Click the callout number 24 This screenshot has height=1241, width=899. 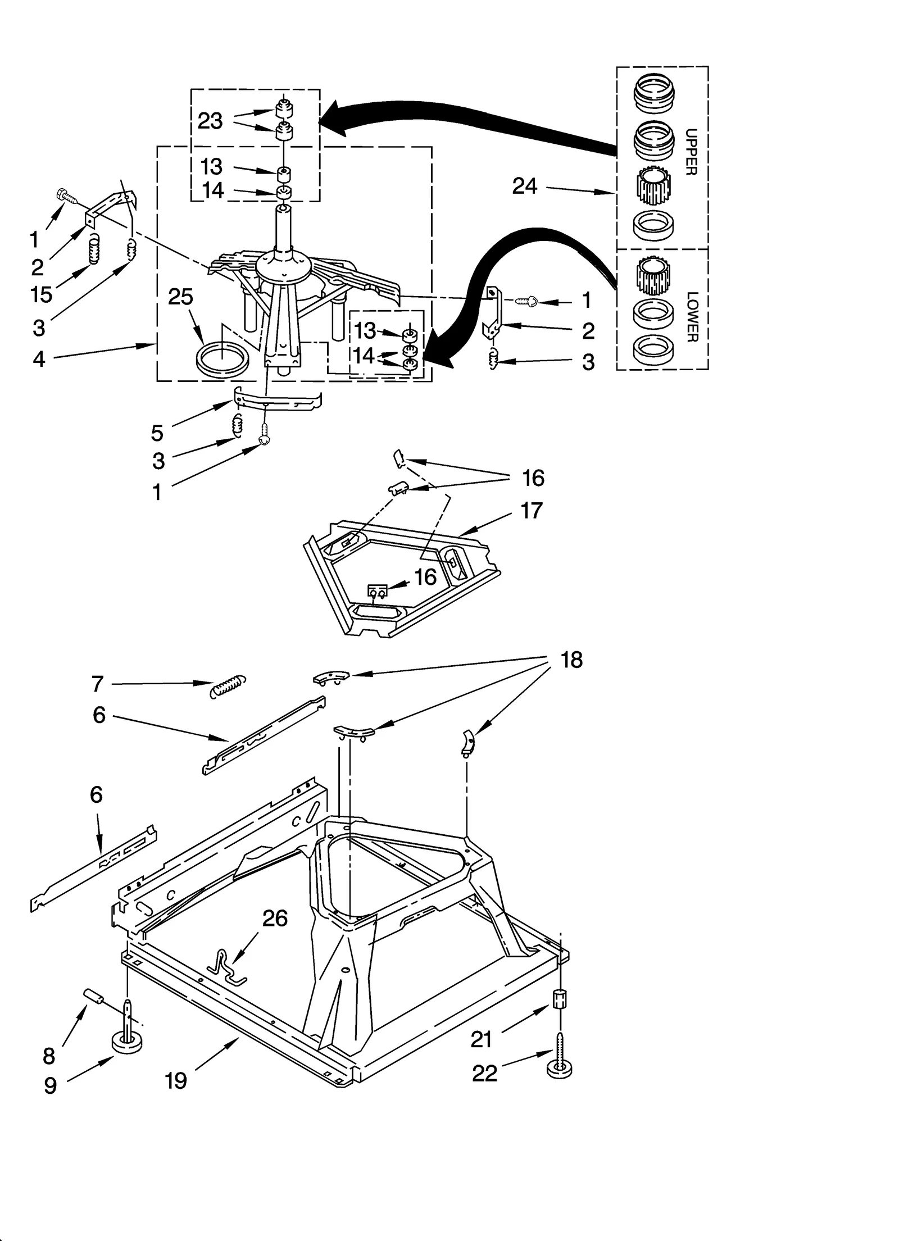[x=525, y=186]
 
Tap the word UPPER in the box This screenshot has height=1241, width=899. [x=692, y=152]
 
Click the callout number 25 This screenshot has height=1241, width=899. [x=180, y=297]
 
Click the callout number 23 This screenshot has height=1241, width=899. [x=210, y=121]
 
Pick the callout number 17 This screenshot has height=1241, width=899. [x=532, y=511]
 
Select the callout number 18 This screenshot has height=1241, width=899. [x=571, y=660]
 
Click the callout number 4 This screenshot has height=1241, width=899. [x=38, y=358]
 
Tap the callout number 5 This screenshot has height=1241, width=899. [x=157, y=433]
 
